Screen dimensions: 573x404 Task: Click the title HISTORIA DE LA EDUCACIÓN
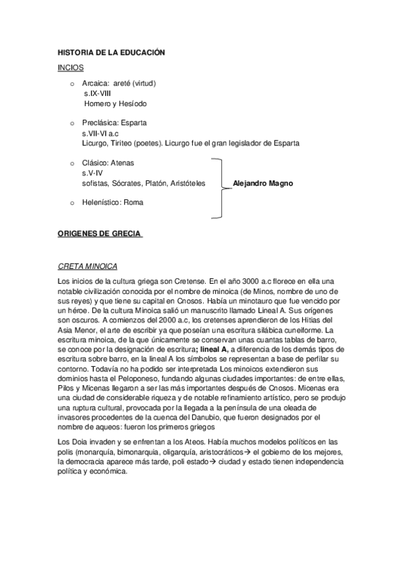coord(111,52)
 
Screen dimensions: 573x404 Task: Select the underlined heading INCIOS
coord(70,68)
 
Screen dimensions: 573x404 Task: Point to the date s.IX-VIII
coord(97,94)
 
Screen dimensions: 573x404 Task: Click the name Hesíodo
coord(132,104)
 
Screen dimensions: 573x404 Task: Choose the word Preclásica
coord(100,124)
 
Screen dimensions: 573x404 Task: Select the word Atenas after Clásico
coord(122,163)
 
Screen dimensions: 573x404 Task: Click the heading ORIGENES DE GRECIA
coord(99,234)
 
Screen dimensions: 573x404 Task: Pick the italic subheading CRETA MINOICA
coord(88,267)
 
